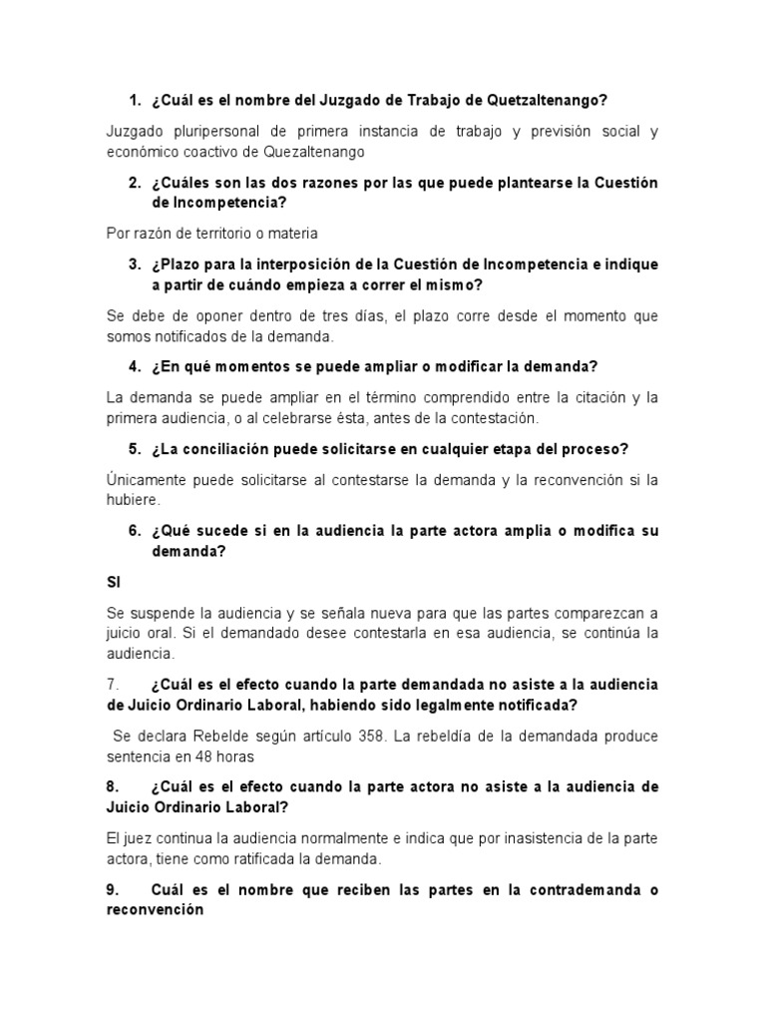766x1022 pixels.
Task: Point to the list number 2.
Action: (134, 183)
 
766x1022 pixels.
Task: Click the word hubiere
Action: (132, 500)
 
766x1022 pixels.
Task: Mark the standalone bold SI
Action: (113, 581)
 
